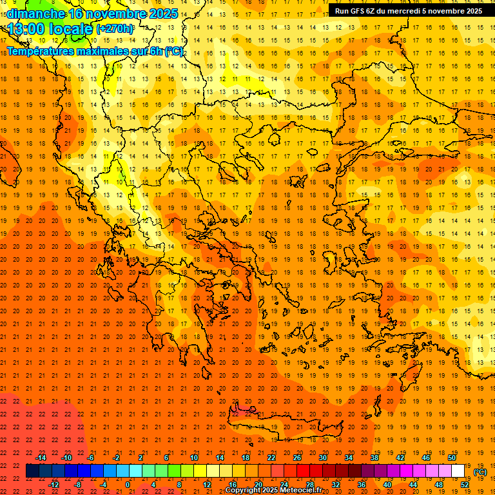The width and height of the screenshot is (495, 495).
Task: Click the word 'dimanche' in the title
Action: click(36, 14)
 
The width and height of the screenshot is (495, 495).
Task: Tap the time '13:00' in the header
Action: click(26, 29)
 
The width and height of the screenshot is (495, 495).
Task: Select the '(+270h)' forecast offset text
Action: click(115, 29)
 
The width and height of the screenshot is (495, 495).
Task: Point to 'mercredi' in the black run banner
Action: click(398, 11)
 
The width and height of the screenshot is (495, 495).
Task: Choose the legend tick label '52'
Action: click(464, 485)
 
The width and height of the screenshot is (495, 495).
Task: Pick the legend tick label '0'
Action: click(127, 485)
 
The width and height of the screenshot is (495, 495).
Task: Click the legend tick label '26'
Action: click(296, 457)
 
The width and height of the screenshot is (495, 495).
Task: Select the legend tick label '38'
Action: click(374, 457)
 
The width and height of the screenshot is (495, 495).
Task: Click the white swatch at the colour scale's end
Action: click(458, 471)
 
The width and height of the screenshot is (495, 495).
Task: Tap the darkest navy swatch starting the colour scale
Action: click(33, 471)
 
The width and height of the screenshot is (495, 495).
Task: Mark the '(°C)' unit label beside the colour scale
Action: click(480, 472)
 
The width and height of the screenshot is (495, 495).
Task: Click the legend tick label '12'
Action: click(207, 485)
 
